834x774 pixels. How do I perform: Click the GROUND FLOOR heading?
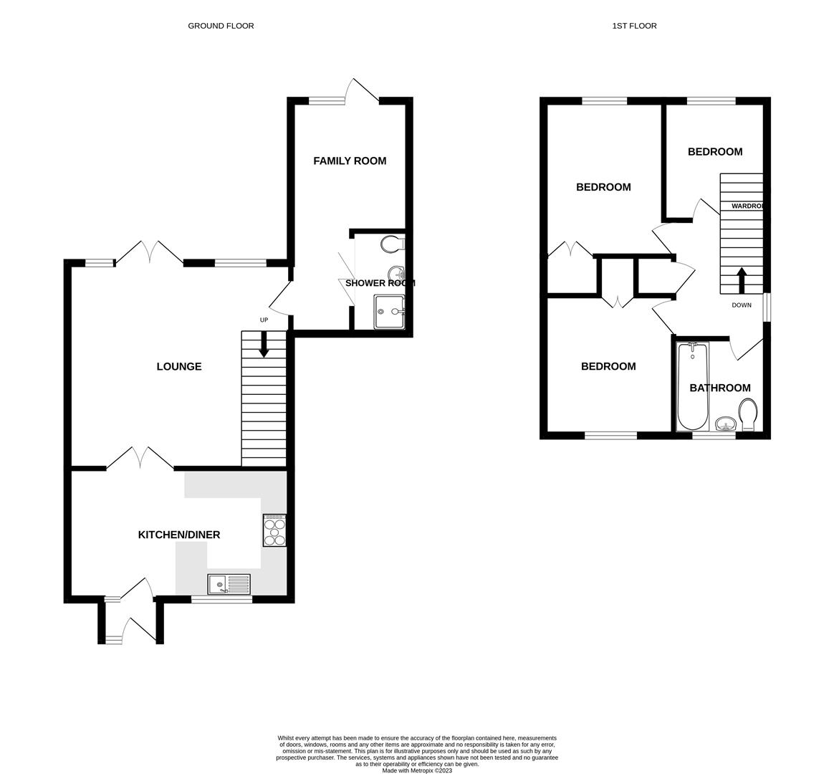(x=221, y=26)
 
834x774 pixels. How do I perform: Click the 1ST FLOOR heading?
(x=634, y=26)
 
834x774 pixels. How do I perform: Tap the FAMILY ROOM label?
(x=350, y=161)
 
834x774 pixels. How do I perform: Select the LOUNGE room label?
(x=179, y=367)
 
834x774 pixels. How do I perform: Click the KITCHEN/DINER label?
(x=179, y=535)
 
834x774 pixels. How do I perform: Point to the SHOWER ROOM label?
(x=380, y=283)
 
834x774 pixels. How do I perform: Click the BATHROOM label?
(x=720, y=388)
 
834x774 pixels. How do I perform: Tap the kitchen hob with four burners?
(x=274, y=531)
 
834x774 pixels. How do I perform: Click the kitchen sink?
(x=229, y=585)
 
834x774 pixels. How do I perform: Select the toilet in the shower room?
(x=393, y=244)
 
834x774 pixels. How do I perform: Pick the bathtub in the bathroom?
(x=692, y=387)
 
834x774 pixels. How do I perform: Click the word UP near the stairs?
(x=264, y=320)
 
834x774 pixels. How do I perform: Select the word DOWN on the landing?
(x=742, y=305)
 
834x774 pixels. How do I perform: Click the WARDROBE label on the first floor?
(x=747, y=206)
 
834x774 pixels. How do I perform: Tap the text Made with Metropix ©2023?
(x=417, y=770)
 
